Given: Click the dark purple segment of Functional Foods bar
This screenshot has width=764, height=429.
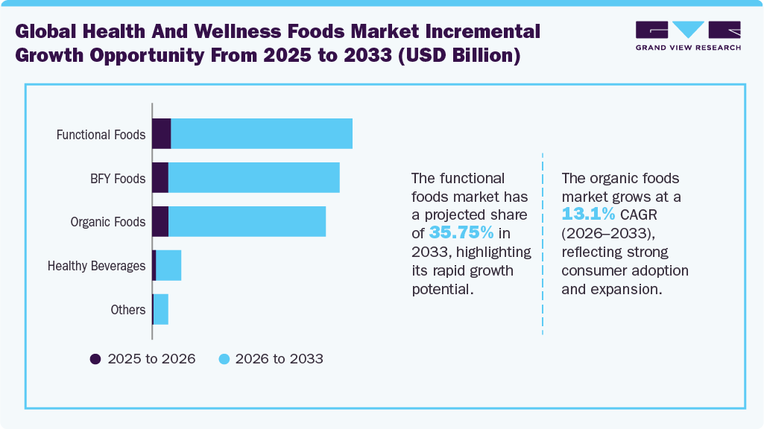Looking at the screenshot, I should click(x=162, y=133).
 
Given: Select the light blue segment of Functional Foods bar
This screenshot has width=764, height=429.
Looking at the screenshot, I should click(x=262, y=133).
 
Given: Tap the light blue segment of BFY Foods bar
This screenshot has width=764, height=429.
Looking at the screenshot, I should click(x=253, y=178).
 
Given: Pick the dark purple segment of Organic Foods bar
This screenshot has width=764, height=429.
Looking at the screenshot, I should click(x=160, y=222).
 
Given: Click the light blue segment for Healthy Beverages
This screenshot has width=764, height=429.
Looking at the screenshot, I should click(x=168, y=266).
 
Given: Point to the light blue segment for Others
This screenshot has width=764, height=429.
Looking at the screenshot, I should click(x=161, y=309).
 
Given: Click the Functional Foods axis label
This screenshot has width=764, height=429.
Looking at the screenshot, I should click(x=101, y=135).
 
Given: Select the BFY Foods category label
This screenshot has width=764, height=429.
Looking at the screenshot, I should click(x=118, y=179).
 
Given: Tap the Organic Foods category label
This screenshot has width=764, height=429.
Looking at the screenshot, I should click(x=107, y=222).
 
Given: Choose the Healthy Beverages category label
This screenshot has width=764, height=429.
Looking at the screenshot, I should click(x=96, y=266).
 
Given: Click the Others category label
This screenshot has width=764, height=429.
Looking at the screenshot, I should click(x=127, y=309).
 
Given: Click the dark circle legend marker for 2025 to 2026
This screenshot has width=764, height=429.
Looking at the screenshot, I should click(x=95, y=359).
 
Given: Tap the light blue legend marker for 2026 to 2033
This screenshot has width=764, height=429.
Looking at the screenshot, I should click(x=223, y=359).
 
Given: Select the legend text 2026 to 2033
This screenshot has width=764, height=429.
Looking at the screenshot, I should click(x=279, y=359).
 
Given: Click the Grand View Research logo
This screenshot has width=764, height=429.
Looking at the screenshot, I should click(x=688, y=36).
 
